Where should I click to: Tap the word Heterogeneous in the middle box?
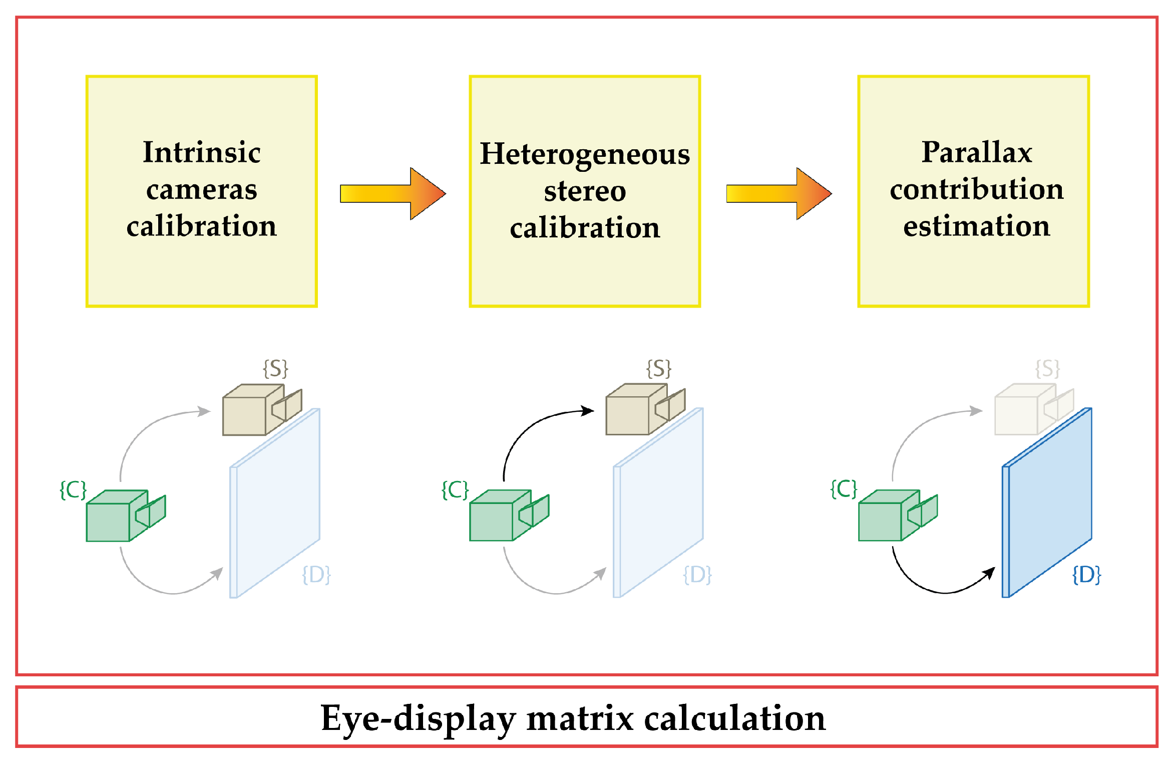[x=585, y=154]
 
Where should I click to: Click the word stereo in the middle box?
[x=585, y=191]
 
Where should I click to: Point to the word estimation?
[x=976, y=225]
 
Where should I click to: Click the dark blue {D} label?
[x=1086, y=575]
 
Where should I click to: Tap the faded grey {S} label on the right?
[x=1047, y=369]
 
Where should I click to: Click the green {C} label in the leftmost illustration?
[x=73, y=489]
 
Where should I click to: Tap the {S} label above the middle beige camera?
[x=658, y=369]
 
